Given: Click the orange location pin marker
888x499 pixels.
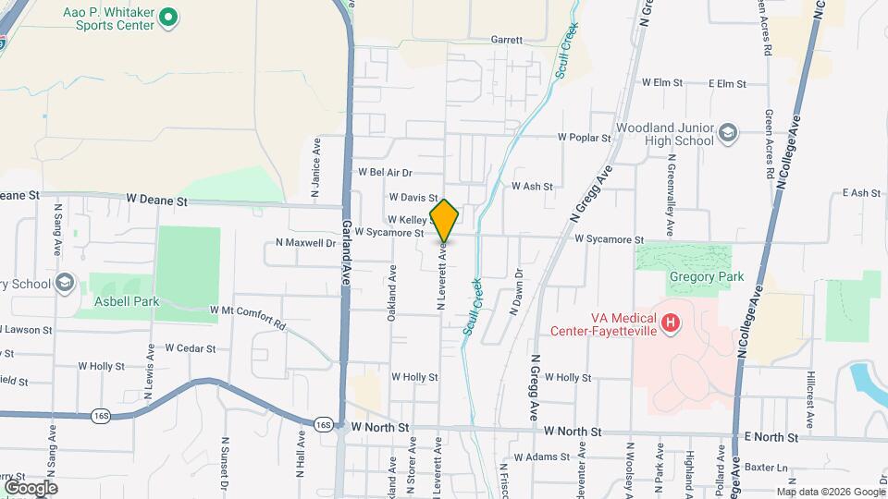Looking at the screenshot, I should pos(445,220).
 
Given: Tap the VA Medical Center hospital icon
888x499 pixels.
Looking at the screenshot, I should pos(672,323).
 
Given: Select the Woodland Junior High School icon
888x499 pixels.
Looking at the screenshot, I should pos(727,134).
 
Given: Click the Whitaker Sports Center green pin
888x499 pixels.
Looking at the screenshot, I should pos(167,17).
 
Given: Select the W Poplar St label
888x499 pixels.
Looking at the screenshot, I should pos(585,137).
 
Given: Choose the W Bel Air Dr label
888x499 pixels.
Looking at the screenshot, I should pos(385,172).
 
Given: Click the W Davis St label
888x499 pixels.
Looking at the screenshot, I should pos(413,197).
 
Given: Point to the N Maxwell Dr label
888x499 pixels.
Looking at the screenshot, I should pos(305,243).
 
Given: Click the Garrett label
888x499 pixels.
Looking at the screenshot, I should pos(506,41).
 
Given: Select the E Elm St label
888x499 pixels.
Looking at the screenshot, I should pos(727,83).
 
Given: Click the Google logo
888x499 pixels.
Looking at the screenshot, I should pos(30,487).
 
